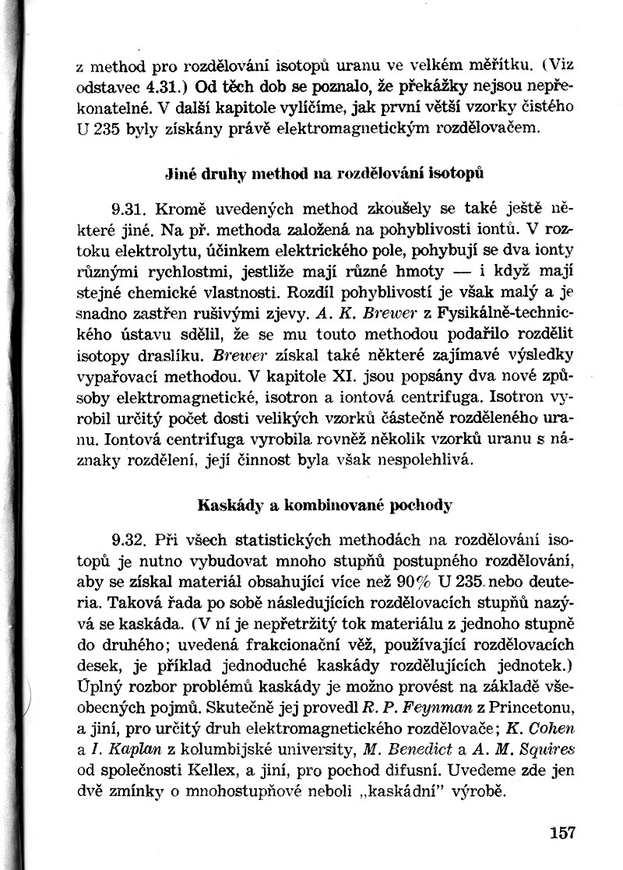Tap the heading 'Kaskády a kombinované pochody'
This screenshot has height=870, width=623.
[x=325, y=504]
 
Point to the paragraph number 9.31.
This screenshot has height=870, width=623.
[x=130, y=210]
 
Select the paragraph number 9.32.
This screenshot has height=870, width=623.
[x=130, y=539]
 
